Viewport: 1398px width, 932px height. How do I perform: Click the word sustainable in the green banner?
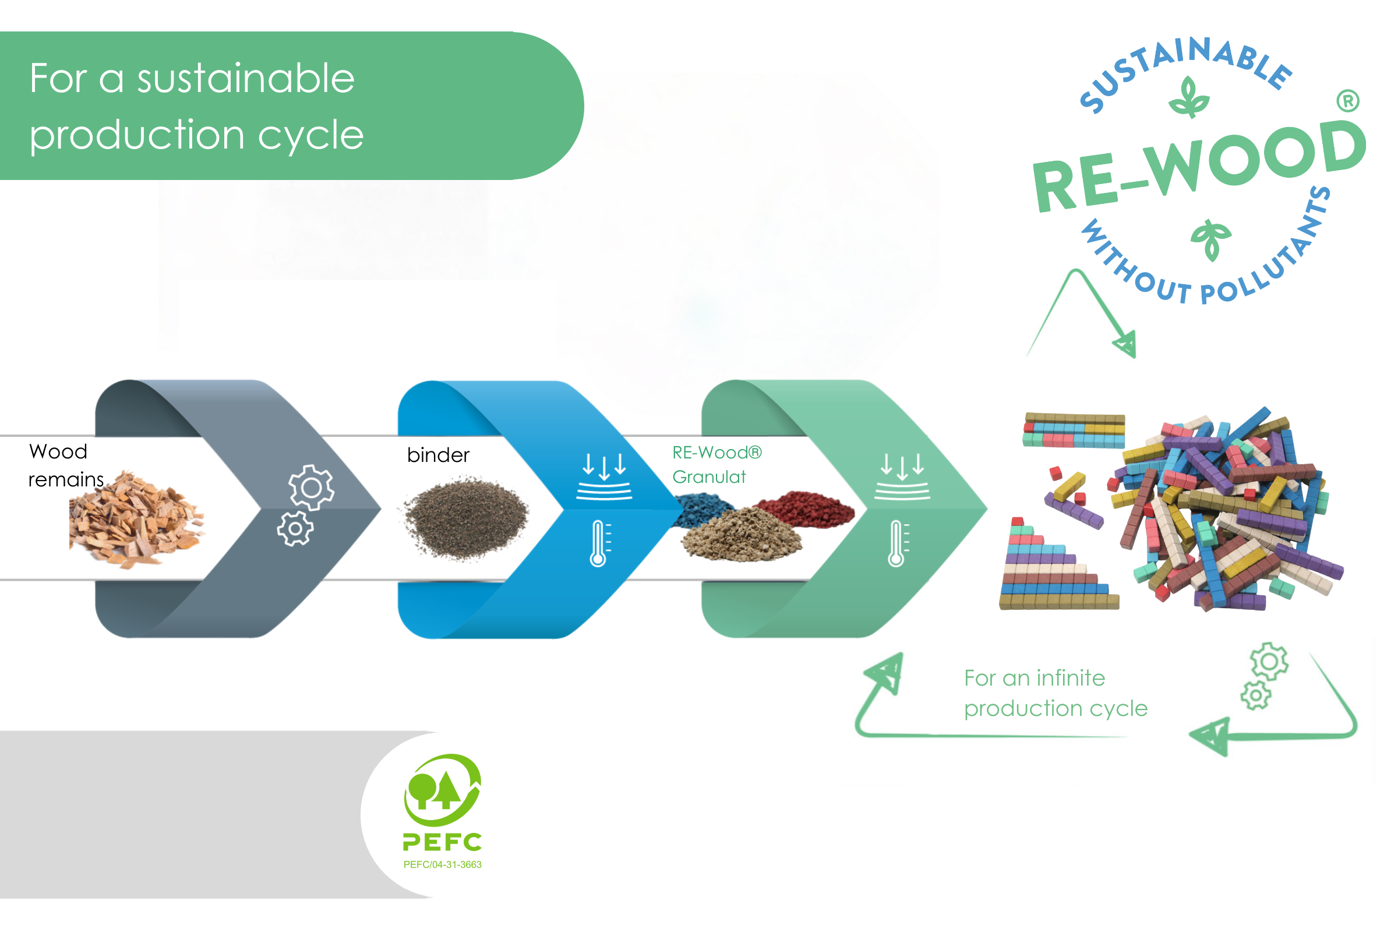(245, 79)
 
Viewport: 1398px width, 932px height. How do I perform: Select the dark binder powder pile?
(466, 517)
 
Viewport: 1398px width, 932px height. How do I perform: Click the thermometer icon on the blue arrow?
(599, 543)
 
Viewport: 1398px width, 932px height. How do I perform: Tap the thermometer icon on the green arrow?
(897, 543)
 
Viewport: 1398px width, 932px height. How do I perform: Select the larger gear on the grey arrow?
(311, 488)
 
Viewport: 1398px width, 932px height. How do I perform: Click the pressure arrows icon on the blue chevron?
(604, 475)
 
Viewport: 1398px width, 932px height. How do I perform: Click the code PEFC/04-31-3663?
(442, 865)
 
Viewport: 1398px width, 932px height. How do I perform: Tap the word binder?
(438, 456)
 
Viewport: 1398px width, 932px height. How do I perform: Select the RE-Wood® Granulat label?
(716, 465)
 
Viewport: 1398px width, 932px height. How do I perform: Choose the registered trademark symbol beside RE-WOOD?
(1347, 101)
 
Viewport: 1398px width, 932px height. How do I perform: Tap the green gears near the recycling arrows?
(1264, 676)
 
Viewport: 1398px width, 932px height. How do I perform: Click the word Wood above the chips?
(58, 452)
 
